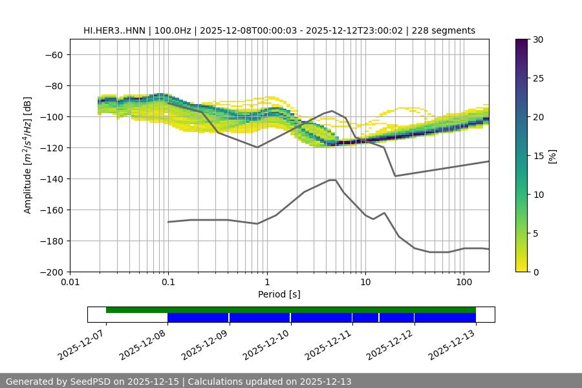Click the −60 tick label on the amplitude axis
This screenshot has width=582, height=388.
[x=53, y=54]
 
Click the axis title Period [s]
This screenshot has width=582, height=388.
[x=279, y=294]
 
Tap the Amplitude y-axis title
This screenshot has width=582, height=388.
[x=28, y=156]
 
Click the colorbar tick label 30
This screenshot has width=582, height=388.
[x=538, y=39]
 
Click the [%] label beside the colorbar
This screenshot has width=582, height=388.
[x=552, y=156]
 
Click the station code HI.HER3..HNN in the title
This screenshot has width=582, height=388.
[x=114, y=30]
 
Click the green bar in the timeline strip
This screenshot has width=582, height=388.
[x=291, y=310]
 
